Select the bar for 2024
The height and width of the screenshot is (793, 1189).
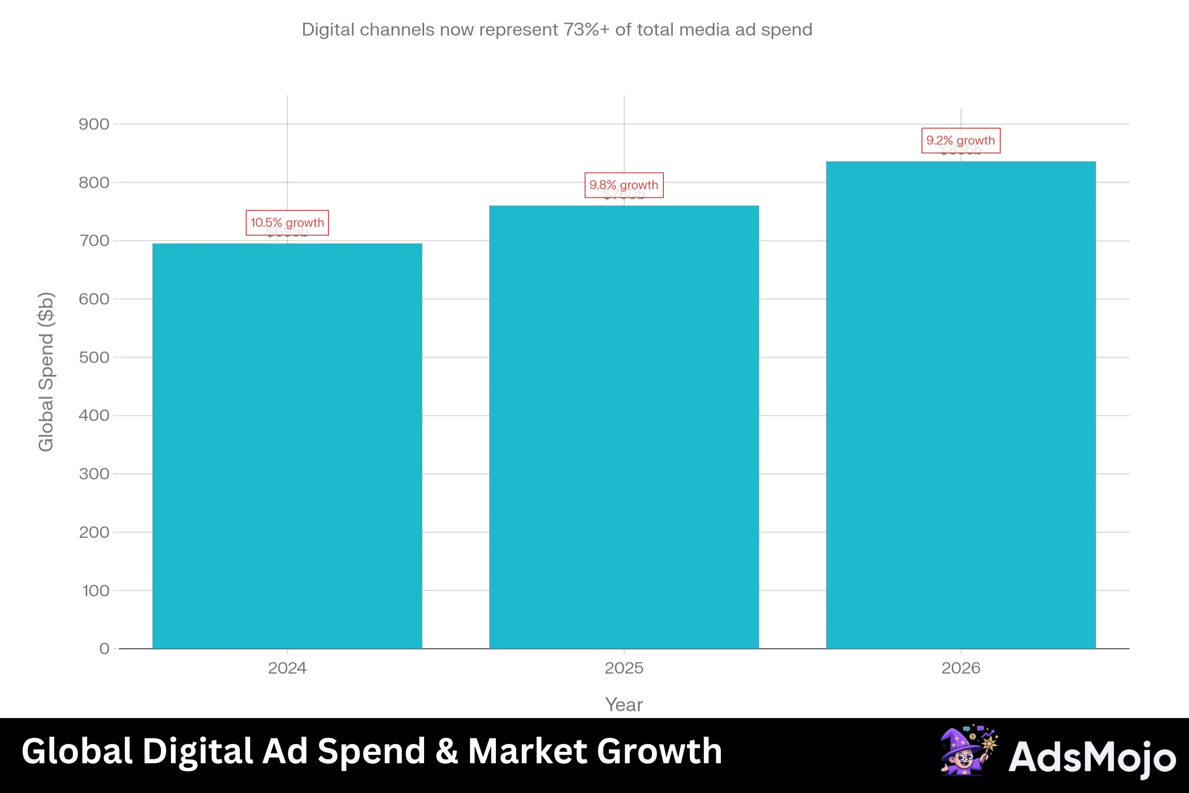pyautogui.click(x=287, y=445)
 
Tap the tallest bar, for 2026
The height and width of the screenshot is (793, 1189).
pyautogui.click(x=961, y=404)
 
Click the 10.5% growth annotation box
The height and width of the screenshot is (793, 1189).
pyautogui.click(x=287, y=223)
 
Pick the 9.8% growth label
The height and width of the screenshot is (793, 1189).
pyautogui.click(x=624, y=185)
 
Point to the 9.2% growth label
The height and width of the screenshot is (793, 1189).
pyautogui.click(x=961, y=141)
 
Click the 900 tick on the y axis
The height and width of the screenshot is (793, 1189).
pyautogui.click(x=94, y=124)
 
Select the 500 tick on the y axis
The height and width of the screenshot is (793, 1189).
pyautogui.click(x=94, y=357)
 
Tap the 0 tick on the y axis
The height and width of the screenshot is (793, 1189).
pyautogui.click(x=104, y=649)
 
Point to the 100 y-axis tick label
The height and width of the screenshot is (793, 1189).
pyautogui.click(x=96, y=591)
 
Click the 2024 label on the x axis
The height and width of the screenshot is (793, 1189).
pyautogui.click(x=287, y=668)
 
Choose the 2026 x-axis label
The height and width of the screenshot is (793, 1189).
pyautogui.click(x=961, y=668)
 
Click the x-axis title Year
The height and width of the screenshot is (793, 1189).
pyautogui.click(x=624, y=704)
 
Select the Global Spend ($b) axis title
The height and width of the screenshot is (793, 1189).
pyautogui.click(x=46, y=372)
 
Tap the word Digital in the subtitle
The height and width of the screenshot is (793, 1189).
pyautogui.click(x=328, y=30)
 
